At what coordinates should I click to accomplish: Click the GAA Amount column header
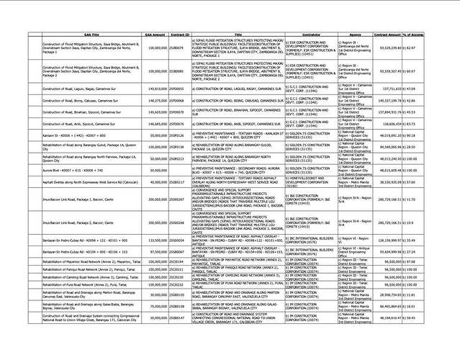click(156, 35)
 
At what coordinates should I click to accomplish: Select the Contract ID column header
click(181, 35)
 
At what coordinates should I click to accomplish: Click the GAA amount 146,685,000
click(156, 124)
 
